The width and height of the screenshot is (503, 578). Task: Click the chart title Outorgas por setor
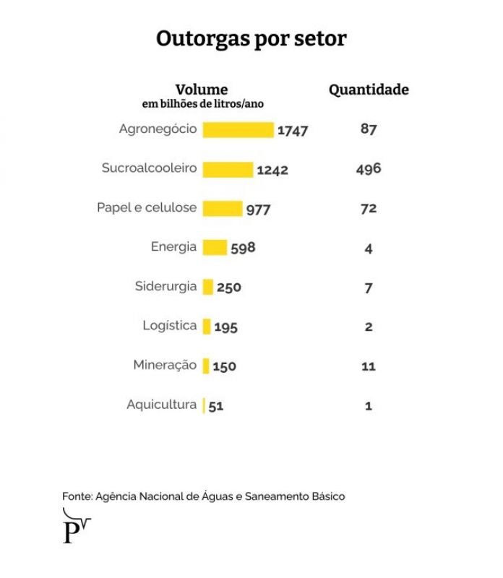click(252, 38)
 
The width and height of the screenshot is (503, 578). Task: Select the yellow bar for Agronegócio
click(238, 130)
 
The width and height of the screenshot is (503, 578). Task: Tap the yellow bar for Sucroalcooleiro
click(228, 170)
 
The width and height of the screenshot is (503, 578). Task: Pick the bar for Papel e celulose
click(223, 209)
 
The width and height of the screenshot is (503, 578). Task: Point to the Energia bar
click(215, 248)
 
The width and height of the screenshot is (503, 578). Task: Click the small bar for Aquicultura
click(205, 405)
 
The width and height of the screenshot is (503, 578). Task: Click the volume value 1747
click(293, 131)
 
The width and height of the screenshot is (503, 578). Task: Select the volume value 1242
click(272, 171)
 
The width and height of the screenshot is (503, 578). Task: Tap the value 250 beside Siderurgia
click(229, 288)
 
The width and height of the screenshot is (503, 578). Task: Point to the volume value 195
click(226, 327)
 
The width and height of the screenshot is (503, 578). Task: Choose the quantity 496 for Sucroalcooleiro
click(369, 169)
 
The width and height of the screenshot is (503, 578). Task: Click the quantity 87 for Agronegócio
click(369, 130)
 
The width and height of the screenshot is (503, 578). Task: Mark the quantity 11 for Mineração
click(369, 366)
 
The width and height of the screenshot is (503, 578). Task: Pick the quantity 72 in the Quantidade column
click(369, 209)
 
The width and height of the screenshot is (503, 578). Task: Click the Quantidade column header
click(369, 90)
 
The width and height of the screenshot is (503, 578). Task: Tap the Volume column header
click(202, 90)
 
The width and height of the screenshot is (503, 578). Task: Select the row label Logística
click(170, 326)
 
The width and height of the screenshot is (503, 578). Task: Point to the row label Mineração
click(165, 366)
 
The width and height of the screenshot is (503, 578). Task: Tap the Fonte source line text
click(204, 496)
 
